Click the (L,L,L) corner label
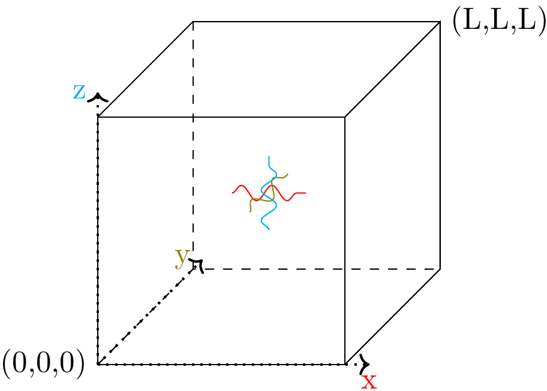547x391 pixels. click(x=498, y=22)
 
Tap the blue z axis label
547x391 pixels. click(x=79, y=92)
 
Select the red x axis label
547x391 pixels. click(x=369, y=381)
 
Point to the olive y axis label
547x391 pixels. click(x=181, y=257)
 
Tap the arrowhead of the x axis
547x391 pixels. click(x=364, y=363)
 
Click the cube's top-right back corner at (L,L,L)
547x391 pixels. click(x=441, y=22)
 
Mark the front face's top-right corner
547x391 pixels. click(x=345, y=117)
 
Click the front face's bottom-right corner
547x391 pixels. click(x=345, y=364)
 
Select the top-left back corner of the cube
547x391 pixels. click(x=193, y=22)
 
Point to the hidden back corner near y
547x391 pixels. click(x=193, y=269)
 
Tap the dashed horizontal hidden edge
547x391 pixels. click(x=318, y=269)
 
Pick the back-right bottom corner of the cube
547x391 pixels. click(x=441, y=269)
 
